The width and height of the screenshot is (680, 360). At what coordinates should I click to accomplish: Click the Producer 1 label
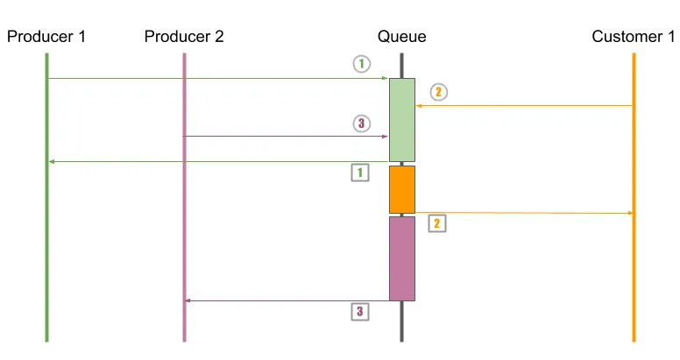pos(46,36)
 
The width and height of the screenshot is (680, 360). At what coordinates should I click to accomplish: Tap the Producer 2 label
pos(184,36)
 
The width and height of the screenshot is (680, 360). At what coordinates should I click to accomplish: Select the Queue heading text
pos(401,36)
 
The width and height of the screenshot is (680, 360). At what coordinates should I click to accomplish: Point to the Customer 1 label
pos(634,36)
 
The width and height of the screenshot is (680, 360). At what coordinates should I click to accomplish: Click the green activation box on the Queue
pos(402,119)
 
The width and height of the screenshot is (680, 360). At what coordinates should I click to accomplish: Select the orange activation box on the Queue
pos(402,189)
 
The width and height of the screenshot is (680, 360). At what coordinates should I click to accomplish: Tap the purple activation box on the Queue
pos(402,258)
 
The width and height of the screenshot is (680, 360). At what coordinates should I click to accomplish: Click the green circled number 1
pos(362,63)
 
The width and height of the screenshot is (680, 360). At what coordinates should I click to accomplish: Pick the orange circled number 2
pos(439,91)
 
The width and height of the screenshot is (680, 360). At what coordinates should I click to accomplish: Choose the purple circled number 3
pos(362,124)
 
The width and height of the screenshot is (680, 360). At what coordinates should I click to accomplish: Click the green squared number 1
pos(359,173)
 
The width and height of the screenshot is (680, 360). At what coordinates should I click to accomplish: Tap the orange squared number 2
pos(436,223)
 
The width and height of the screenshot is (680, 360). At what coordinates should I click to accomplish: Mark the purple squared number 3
pos(359,311)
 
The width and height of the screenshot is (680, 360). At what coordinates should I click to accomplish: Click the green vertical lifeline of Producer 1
pos(46,245)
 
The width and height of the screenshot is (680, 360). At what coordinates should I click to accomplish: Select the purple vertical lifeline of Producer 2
pos(184,219)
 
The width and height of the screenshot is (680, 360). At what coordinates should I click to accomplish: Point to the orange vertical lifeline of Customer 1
pos(634,280)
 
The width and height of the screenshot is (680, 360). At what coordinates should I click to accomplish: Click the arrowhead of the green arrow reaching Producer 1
pos(52,161)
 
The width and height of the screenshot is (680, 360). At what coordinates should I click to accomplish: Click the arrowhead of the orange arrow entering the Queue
pos(419,106)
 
